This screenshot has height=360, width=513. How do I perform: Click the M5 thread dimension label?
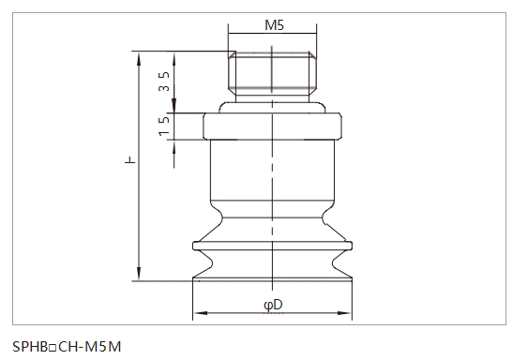(x=273, y=26)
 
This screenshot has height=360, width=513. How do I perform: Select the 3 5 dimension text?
(x=164, y=82)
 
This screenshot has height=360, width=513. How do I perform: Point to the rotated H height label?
(x=129, y=166)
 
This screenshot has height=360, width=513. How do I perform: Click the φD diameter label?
(x=273, y=304)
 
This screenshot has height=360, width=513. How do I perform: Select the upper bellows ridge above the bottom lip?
(x=273, y=247)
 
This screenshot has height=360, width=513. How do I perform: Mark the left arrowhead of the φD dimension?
(x=197, y=313)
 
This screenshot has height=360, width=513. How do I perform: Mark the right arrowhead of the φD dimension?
(x=350, y=313)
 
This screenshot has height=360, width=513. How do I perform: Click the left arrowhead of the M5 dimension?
(x=234, y=37)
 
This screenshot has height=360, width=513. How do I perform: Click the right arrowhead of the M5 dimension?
(x=312, y=37)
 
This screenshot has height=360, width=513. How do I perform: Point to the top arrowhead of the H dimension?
(x=139, y=54)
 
